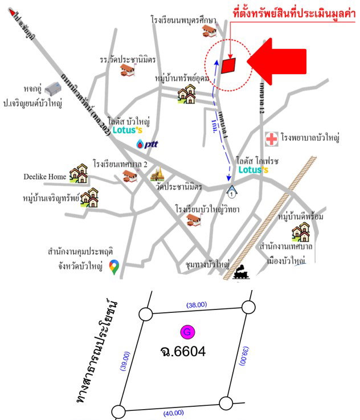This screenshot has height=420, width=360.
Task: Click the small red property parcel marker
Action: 228,66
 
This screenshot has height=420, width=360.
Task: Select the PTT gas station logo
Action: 147,144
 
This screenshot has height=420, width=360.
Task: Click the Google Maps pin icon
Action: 114,266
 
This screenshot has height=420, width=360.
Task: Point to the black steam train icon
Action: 241,272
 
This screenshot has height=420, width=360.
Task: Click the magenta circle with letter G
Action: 186,332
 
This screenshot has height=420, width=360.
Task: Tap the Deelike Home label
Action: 44,177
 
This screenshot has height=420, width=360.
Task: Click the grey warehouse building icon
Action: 54,88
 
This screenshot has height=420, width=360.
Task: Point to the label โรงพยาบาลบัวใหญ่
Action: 310,138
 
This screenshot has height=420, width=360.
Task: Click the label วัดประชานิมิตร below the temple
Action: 182,187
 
